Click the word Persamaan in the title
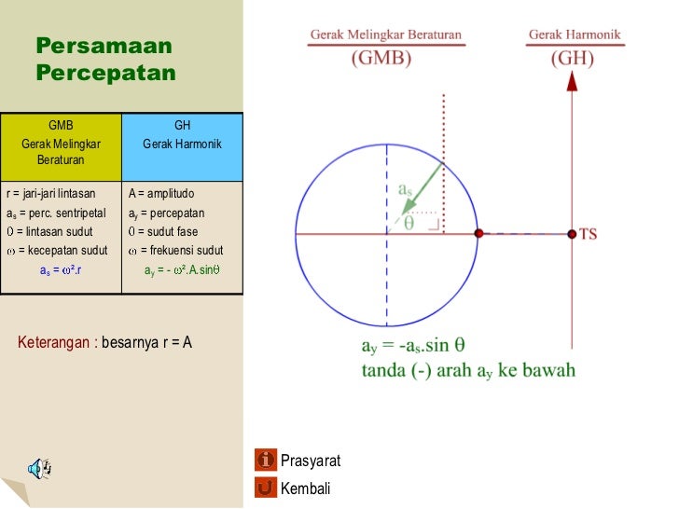[x=104, y=46]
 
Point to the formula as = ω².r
[x=61, y=270]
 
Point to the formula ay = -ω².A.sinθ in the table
[x=182, y=270]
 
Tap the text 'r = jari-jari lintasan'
[x=51, y=194]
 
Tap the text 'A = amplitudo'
[x=161, y=194]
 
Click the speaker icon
[x=39, y=468]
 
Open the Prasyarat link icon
[x=266, y=460]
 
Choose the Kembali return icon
[x=266, y=488]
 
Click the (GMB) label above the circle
[x=381, y=58]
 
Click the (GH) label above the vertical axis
[x=572, y=58]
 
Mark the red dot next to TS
[x=572, y=234]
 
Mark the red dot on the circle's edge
[x=478, y=234]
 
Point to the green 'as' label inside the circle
[x=405, y=189]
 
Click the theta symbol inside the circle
[x=409, y=222]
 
